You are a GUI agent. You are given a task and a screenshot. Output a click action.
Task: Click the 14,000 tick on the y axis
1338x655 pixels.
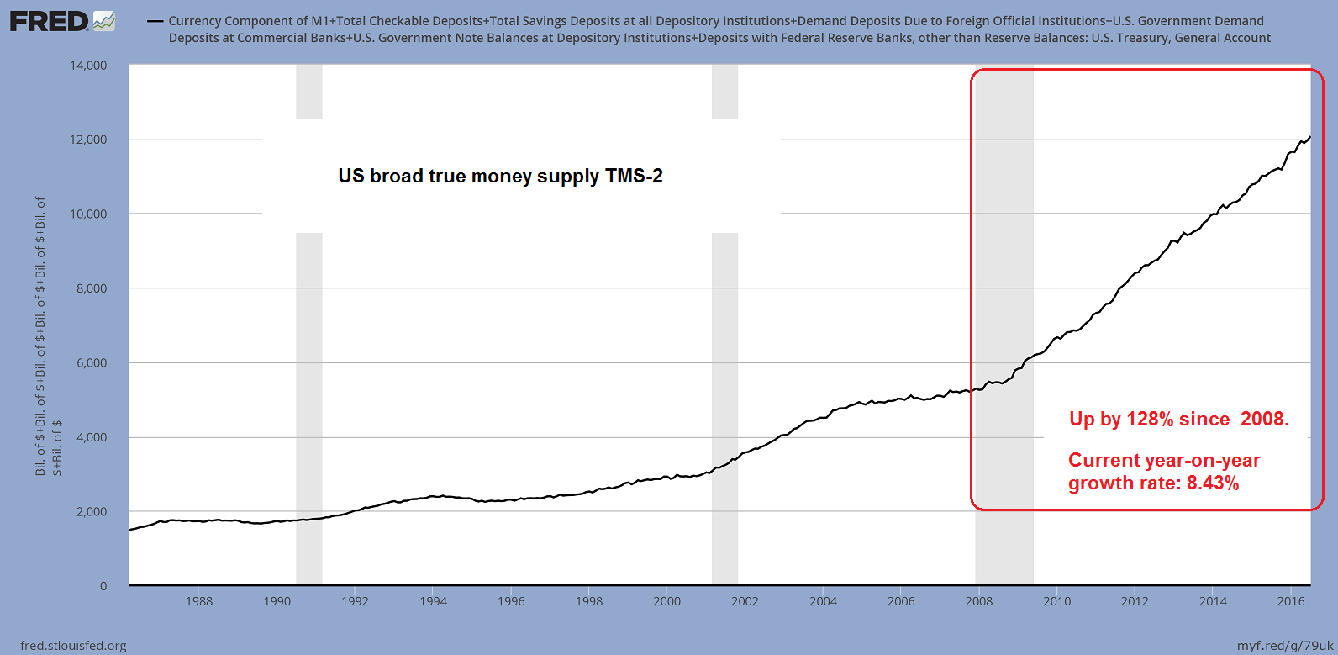click(87, 66)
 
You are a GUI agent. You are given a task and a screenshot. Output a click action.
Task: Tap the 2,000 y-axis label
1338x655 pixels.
click(91, 511)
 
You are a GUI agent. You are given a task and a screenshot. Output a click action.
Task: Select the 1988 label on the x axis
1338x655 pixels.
click(199, 601)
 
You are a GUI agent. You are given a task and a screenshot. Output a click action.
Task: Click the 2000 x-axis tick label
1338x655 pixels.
click(667, 601)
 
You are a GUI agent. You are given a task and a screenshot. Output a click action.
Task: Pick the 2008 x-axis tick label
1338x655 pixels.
click(979, 601)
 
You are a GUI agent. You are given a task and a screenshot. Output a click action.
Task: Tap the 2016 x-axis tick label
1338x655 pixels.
click(1291, 601)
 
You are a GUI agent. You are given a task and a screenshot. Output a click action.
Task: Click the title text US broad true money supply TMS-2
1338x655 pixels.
click(500, 176)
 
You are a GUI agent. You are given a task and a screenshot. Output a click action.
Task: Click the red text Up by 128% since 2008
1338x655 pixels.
click(1178, 419)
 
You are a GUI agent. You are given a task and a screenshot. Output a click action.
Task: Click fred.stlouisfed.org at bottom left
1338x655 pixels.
click(73, 646)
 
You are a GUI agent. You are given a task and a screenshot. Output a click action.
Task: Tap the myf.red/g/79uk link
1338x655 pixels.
click(1285, 646)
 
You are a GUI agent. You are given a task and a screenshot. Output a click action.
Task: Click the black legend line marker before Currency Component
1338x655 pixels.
click(155, 21)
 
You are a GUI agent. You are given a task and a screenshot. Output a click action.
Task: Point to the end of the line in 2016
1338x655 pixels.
click(1310, 137)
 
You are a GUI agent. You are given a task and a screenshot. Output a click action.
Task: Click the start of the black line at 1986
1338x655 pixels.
click(130, 530)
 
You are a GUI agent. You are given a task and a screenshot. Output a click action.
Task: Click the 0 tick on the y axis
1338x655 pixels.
click(103, 586)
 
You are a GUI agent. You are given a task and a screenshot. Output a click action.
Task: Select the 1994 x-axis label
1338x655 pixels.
click(433, 601)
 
